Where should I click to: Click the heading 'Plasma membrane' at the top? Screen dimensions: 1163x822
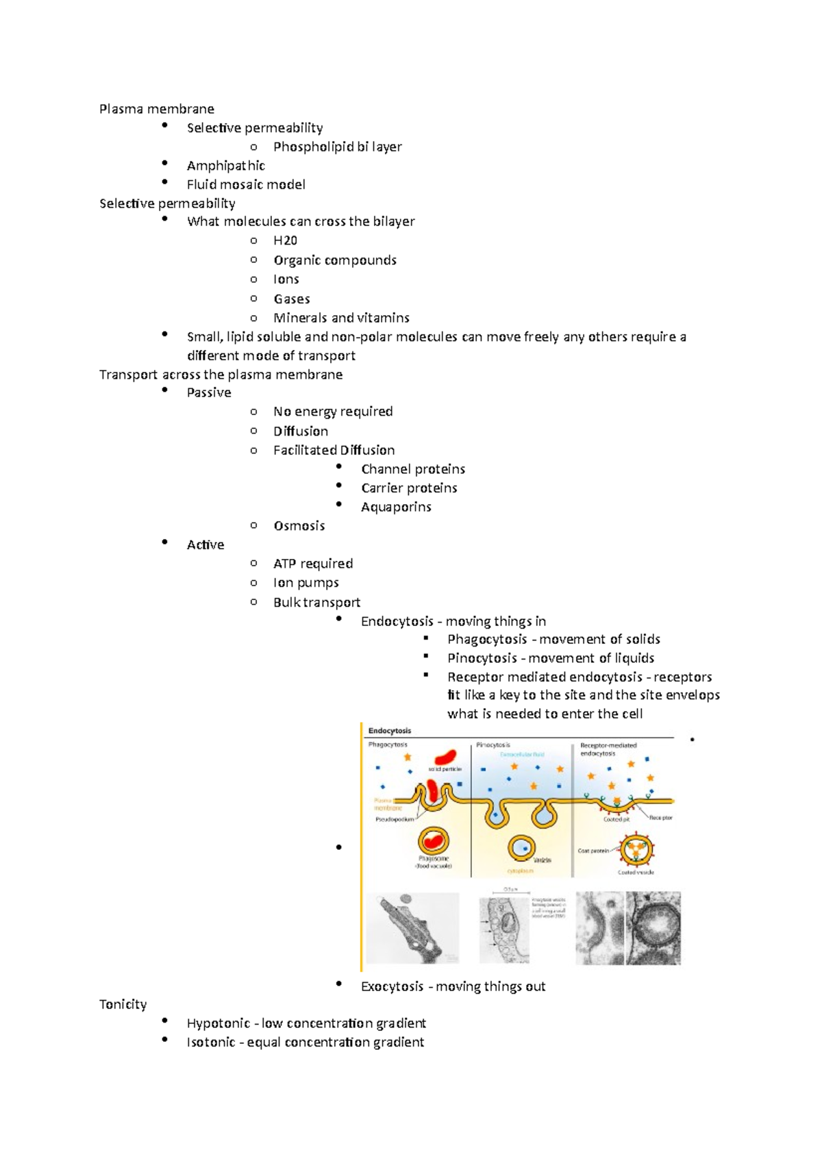(x=156, y=109)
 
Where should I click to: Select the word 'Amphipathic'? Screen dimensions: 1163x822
(x=225, y=166)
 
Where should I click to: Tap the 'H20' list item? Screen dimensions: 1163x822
(x=285, y=240)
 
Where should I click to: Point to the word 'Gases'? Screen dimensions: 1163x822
(x=292, y=299)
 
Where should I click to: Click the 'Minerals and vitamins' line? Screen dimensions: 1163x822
(x=341, y=318)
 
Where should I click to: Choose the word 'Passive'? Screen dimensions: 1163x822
(x=209, y=392)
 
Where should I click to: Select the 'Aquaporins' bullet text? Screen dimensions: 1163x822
(x=396, y=507)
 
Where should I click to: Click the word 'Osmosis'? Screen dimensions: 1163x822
(x=299, y=526)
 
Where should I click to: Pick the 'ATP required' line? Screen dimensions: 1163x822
(x=313, y=564)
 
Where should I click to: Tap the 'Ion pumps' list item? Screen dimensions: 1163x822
(x=306, y=583)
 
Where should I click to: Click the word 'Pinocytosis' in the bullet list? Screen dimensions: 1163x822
(x=482, y=658)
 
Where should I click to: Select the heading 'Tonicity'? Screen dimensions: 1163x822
(x=123, y=1005)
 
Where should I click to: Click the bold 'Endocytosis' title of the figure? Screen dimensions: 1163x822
(x=390, y=731)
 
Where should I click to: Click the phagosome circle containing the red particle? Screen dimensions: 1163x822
(x=433, y=840)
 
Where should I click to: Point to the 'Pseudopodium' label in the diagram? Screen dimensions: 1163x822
(x=395, y=819)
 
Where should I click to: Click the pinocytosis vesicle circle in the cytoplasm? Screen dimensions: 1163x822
(x=521, y=847)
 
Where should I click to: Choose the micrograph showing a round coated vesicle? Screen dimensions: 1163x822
(x=653, y=928)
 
